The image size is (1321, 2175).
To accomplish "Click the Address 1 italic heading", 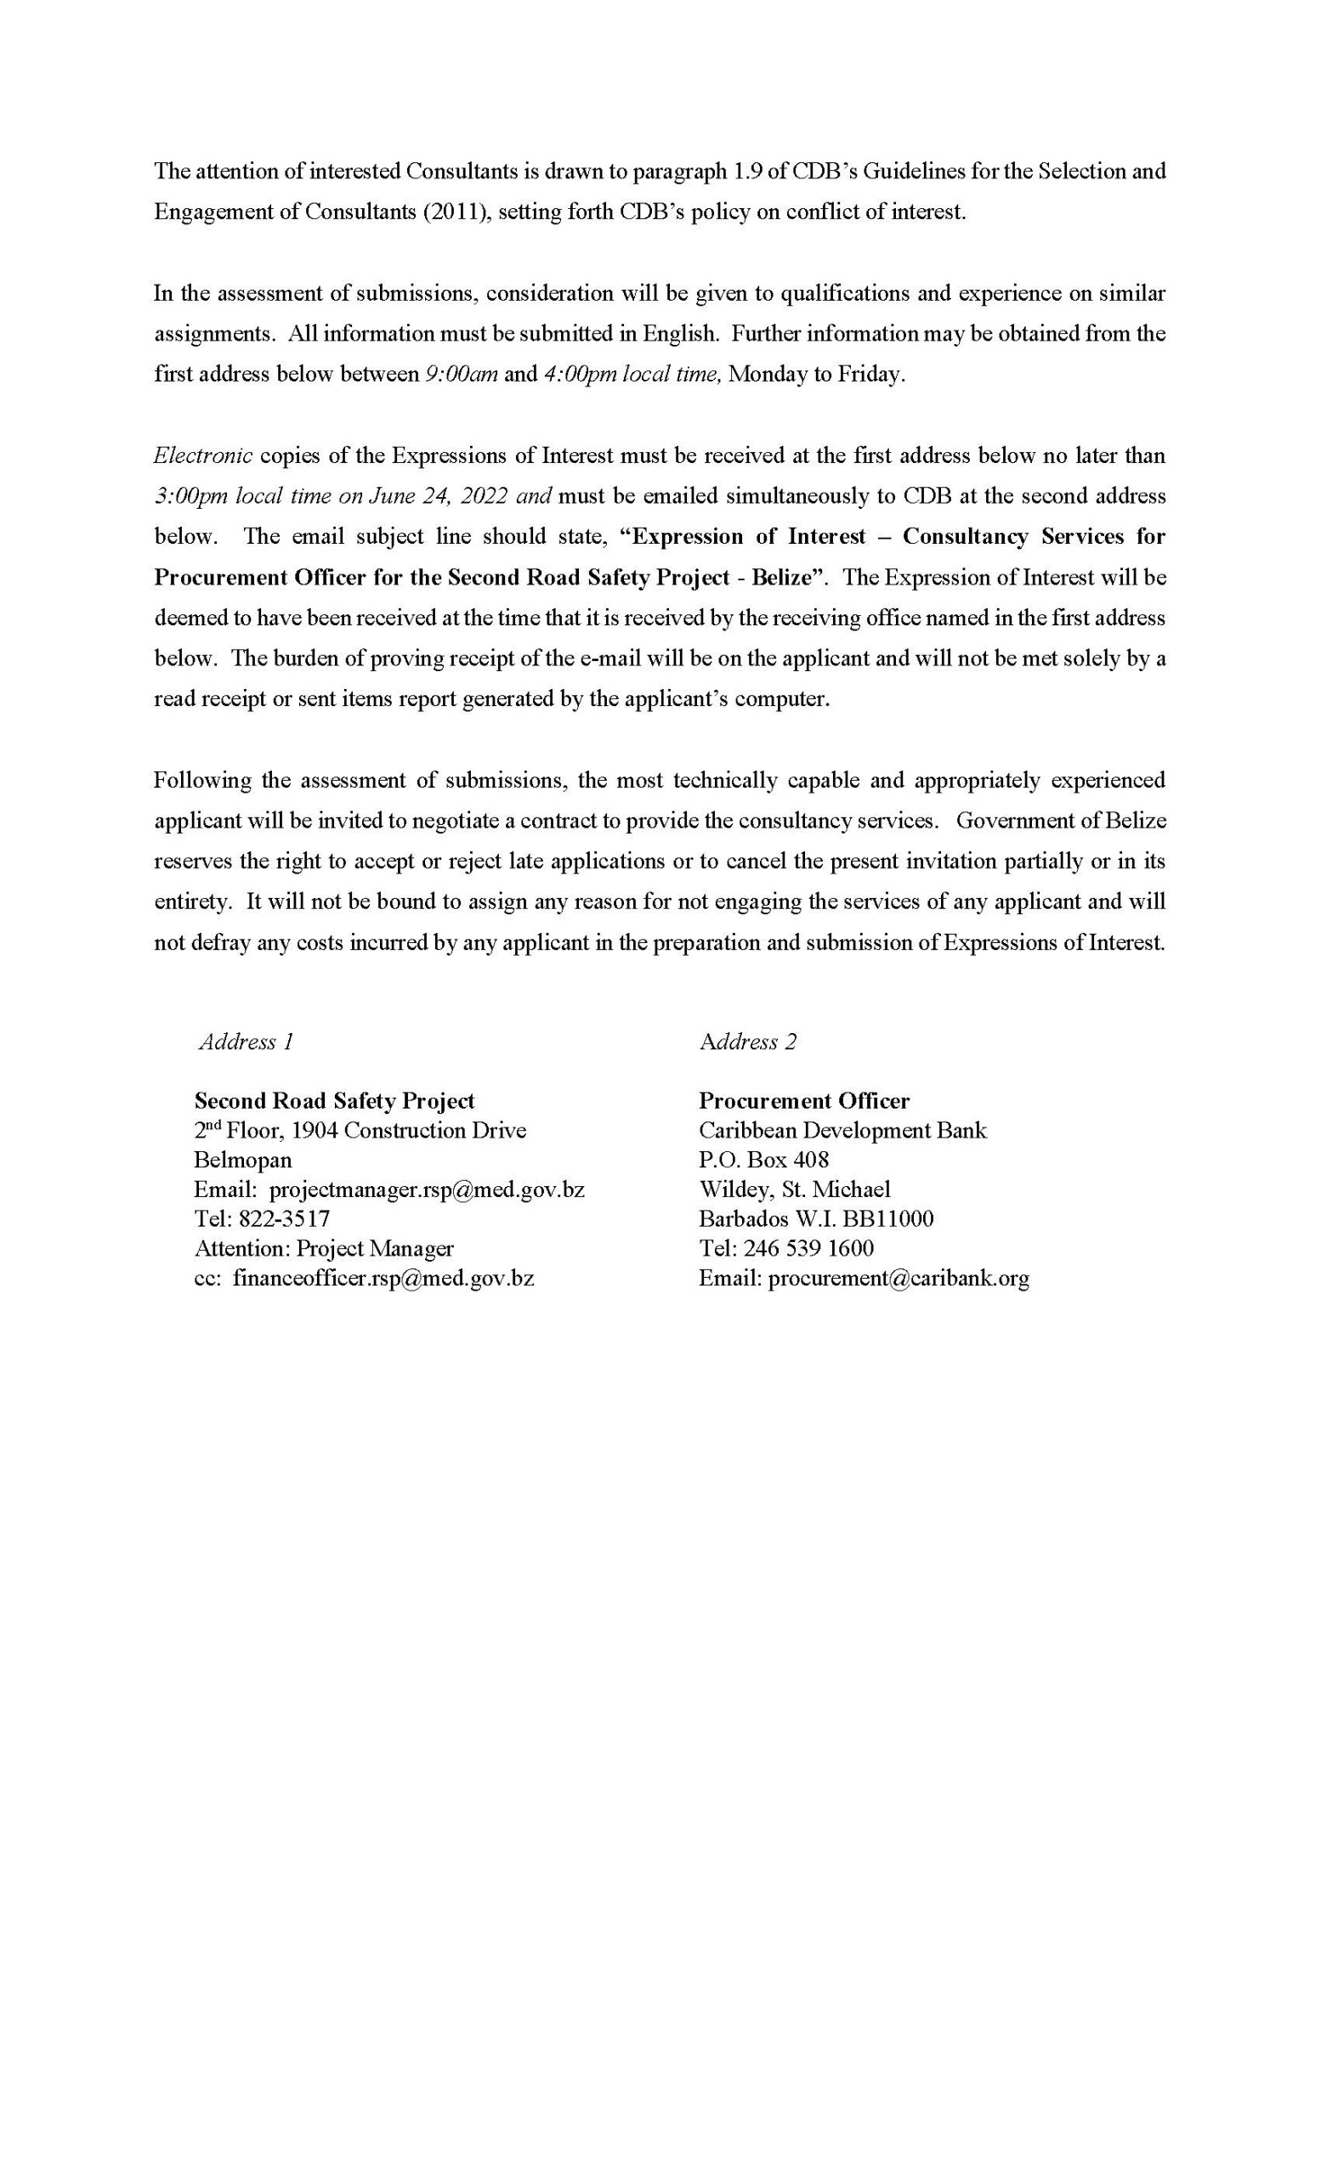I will click(x=246, y=1042).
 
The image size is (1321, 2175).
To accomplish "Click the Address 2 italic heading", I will click(x=747, y=1042).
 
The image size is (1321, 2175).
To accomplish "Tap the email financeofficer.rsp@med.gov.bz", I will click(x=383, y=1278).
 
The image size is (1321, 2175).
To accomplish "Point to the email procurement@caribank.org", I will click(x=898, y=1278).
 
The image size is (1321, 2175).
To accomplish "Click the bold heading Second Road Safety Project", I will click(x=334, y=1101).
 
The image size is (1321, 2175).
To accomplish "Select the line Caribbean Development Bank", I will click(x=842, y=1131).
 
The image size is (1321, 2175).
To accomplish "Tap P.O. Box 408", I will click(x=763, y=1160).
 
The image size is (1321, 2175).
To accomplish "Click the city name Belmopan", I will click(x=243, y=1160).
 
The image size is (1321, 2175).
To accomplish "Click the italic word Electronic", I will click(x=203, y=455).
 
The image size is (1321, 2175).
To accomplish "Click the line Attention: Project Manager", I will click(x=323, y=1248).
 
